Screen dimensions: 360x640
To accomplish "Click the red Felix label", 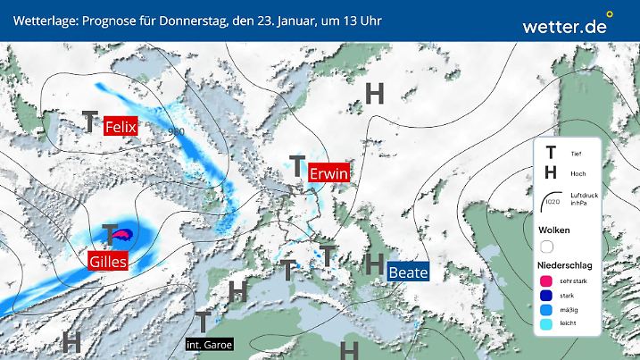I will (121, 127).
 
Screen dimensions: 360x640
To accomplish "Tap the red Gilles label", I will (107, 262).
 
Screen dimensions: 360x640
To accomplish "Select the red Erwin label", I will (328, 174).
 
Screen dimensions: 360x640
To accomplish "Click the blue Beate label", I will (408, 272).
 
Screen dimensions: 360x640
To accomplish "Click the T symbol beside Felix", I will (90, 122).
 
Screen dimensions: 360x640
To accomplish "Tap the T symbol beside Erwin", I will (296, 166).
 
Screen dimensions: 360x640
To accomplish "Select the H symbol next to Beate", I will (376, 264).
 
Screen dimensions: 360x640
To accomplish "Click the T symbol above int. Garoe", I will (203, 321).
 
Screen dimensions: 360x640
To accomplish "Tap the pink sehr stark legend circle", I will (546, 280).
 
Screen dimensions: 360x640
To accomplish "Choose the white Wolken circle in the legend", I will (546, 246).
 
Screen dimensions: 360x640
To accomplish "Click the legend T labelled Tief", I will (551, 153).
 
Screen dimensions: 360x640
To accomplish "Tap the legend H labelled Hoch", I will (551, 172).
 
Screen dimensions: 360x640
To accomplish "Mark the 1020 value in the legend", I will (553, 203).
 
